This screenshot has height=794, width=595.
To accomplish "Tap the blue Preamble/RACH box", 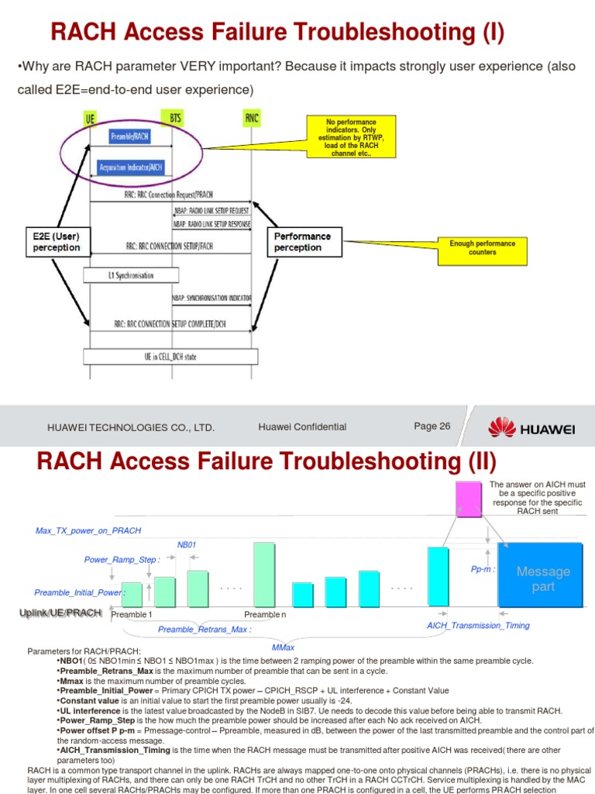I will (130, 137).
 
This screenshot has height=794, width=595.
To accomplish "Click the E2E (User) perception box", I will (57, 242).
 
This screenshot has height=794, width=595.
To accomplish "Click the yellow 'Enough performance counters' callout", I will (482, 247).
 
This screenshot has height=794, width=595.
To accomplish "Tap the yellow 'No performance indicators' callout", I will (350, 137).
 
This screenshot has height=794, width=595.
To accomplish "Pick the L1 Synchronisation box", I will (131, 275).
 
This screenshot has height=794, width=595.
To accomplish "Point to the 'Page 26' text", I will (432, 426).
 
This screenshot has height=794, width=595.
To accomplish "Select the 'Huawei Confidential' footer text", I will (302, 427).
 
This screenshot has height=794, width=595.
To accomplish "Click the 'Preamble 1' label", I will (132, 615).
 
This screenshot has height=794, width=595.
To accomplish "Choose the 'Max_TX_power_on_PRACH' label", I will (88, 530).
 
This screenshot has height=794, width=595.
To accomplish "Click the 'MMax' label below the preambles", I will (283, 647).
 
